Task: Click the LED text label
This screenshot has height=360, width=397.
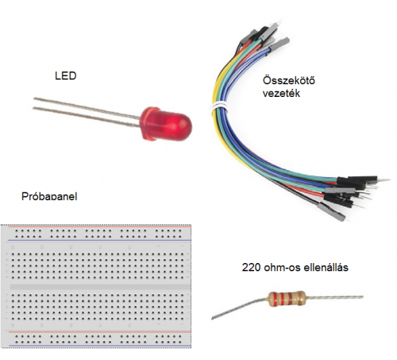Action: click(66, 75)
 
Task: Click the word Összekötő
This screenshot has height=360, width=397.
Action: click(289, 80)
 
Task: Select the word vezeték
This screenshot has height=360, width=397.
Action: click(281, 93)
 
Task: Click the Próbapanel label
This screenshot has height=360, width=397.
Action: click(49, 196)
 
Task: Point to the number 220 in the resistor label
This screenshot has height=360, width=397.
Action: click(251, 268)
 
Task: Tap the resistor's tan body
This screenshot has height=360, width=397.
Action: click(287, 298)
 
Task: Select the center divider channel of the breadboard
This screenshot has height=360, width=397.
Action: click(100, 287)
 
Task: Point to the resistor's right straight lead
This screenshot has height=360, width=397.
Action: click(334, 297)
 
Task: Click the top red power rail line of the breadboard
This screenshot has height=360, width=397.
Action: click(99, 226)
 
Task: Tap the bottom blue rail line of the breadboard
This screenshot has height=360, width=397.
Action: click(99, 346)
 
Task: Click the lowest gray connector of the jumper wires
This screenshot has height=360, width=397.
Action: click(332, 212)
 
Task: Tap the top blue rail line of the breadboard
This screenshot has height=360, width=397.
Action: click(99, 240)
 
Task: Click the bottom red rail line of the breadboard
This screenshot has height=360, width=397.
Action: click(99, 332)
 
